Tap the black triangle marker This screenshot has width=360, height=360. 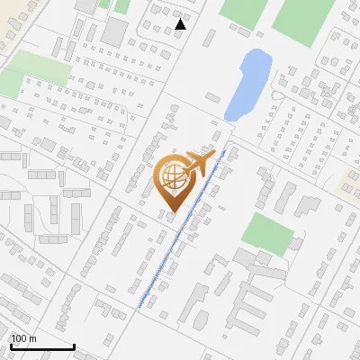coord(181,24)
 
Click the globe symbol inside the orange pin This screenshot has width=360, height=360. coord(172,177)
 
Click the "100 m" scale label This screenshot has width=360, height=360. coord(23,338)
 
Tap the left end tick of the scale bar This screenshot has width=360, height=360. coord(11,346)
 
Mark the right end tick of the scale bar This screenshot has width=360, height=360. coord(74,346)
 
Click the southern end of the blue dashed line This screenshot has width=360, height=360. coord(140,306)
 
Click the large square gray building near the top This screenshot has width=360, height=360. coord(115,31)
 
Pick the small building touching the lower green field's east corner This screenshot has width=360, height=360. coord(296,245)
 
